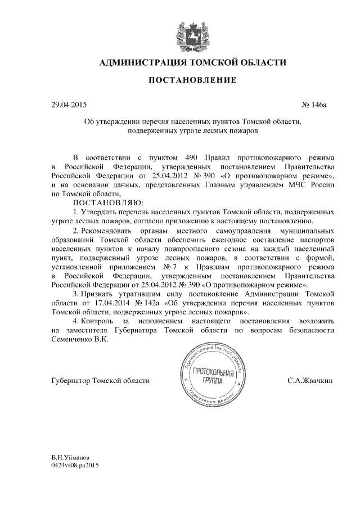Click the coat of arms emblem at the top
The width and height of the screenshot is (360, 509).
point(192,33)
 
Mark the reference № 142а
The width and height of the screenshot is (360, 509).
point(141,303)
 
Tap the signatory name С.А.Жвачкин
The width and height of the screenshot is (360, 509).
point(310,381)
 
